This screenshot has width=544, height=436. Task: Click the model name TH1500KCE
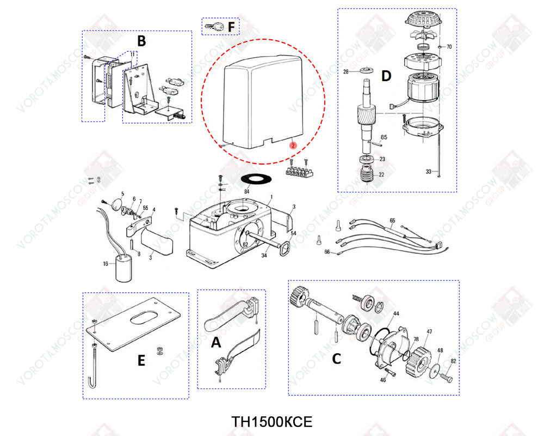(271, 422)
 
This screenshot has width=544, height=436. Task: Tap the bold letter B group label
(141, 41)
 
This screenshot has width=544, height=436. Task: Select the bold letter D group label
(386, 76)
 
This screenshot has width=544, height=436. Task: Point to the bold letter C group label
(336, 358)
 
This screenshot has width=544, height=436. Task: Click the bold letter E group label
(141, 360)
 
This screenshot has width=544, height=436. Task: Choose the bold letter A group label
(216, 342)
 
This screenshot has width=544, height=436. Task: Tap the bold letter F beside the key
(231, 26)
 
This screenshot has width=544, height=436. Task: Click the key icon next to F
(213, 26)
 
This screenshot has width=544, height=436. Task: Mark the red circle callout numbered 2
(293, 146)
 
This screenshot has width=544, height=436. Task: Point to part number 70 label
(449, 47)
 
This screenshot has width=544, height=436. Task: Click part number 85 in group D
(384, 137)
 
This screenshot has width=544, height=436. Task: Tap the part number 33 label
(428, 172)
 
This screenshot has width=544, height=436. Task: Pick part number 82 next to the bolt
(453, 361)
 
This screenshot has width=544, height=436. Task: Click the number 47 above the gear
(429, 331)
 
